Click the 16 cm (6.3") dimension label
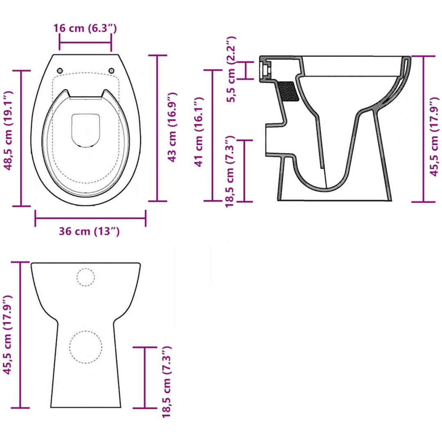coord(85,28)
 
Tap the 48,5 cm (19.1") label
coord(9,131)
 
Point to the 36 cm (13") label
coord(89,231)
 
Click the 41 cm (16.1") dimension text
coord(199,132)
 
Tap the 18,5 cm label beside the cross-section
coord(230,171)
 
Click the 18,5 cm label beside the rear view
coord(166,382)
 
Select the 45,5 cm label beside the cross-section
coord(434,137)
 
